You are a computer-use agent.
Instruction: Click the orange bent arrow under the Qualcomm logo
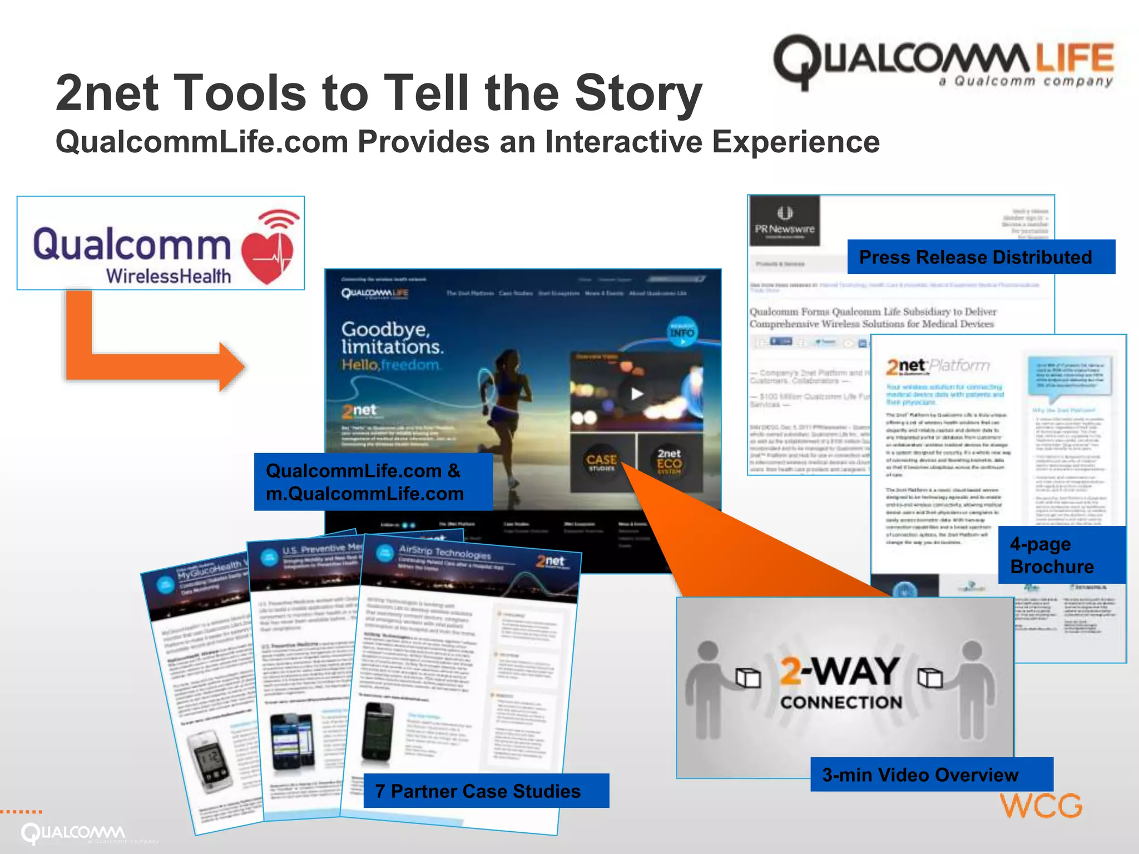(x=139, y=356)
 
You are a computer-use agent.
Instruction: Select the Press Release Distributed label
(x=980, y=257)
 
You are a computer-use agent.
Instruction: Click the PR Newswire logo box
(x=784, y=221)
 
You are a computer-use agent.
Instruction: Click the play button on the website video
(x=636, y=394)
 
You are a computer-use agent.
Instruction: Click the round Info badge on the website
(x=681, y=332)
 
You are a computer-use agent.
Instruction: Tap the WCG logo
(x=1041, y=806)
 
